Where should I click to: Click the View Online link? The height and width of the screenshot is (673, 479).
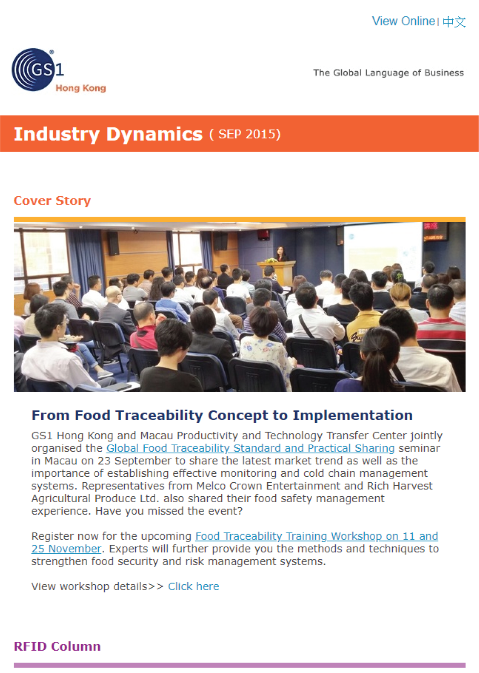point(403,21)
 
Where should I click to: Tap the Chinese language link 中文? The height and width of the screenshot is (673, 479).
point(454,22)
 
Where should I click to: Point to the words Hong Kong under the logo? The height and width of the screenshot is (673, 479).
point(81,88)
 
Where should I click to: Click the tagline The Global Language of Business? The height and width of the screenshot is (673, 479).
point(388,73)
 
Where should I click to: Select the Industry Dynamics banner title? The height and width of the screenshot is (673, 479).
point(108,134)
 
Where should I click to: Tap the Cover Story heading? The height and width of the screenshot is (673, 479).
point(52,201)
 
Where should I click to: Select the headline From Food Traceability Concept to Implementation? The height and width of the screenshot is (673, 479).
point(222,416)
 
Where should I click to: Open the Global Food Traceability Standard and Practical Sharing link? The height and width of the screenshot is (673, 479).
point(251,448)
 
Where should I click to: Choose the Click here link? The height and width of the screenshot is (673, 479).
point(194,586)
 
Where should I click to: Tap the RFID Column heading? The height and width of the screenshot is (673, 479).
point(57,646)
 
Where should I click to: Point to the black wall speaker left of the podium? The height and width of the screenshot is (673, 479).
point(113,243)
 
